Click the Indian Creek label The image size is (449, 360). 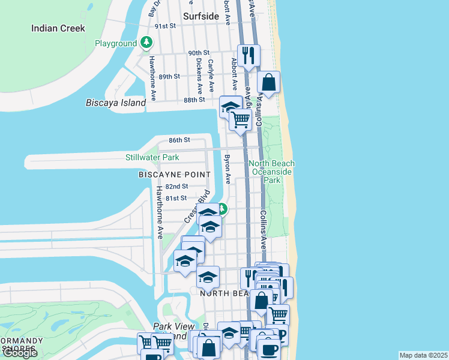(x=58, y=28)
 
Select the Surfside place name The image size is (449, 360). (x=201, y=16)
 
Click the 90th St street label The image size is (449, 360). (x=198, y=53)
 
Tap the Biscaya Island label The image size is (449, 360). (x=116, y=103)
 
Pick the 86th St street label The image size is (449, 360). (x=179, y=140)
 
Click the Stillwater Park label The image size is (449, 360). (x=152, y=157)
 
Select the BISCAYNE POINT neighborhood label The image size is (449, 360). (x=175, y=175)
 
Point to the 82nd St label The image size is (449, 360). (x=177, y=187)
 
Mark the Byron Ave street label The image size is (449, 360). (x=228, y=170)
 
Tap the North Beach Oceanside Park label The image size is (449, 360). (x=272, y=172)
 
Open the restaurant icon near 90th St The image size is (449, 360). (x=249, y=55)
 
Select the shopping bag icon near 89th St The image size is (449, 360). (x=269, y=82)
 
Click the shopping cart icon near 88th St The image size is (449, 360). (x=241, y=119)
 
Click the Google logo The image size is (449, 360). (x=20, y=353)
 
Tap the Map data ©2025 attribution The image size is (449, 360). (x=423, y=355)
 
